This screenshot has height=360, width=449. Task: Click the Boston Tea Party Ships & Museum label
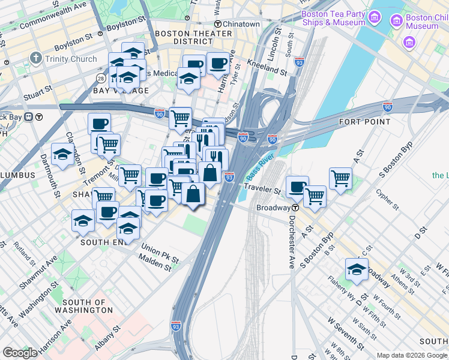pyautogui.click(x=333, y=18)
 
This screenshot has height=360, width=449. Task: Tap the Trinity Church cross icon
pyautogui.click(x=36, y=59)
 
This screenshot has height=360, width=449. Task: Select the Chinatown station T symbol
pyautogui.click(x=219, y=24)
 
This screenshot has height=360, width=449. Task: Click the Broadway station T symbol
pyautogui.click(x=295, y=208)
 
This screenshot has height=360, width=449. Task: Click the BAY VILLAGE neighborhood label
pyautogui.click(x=116, y=91)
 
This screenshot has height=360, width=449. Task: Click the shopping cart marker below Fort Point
pyautogui.click(x=340, y=178)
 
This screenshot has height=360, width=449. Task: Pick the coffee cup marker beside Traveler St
pyautogui.click(x=297, y=187)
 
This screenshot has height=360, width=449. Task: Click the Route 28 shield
pyautogui.click(x=101, y=79)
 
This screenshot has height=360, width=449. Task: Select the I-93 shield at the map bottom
pyautogui.click(x=175, y=325)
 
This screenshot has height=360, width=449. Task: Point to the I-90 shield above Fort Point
pyautogui.click(x=387, y=107)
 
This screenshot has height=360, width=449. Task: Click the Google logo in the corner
pyautogui.click(x=20, y=353)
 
